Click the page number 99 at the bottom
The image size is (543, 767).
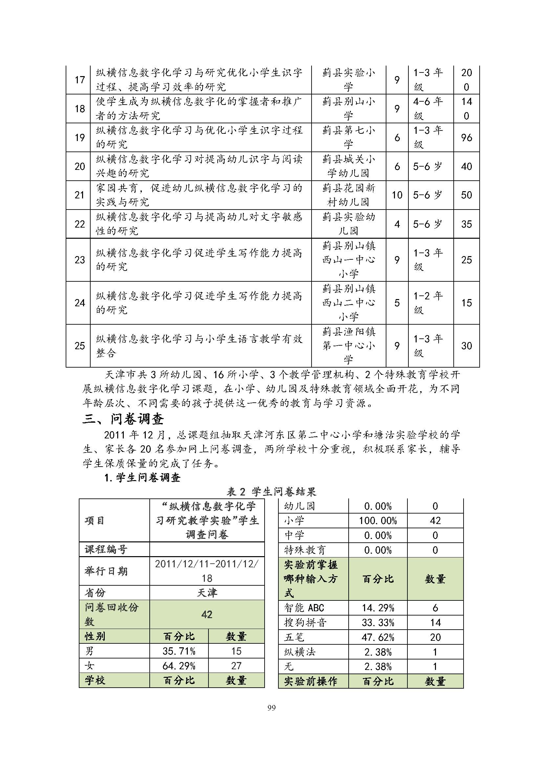tap(271, 708)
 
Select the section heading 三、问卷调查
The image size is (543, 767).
tap(123, 419)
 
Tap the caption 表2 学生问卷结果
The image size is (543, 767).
tap(271, 492)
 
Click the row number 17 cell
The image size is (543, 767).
tap(79, 80)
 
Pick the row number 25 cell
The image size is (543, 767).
tap(79, 346)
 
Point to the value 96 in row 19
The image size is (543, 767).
tap(467, 137)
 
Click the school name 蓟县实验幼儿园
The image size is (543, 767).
tap(348, 224)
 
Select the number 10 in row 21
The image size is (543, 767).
tap(397, 195)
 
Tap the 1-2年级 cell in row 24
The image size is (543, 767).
tap(428, 303)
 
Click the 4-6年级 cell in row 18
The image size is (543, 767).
tap(428, 109)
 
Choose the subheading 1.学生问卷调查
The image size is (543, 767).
tap(142, 477)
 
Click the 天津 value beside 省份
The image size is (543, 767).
tap(207, 593)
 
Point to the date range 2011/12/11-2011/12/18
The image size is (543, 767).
tap(207, 571)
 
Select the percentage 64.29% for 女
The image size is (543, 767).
tap(179, 666)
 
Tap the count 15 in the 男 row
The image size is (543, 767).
tap(236, 651)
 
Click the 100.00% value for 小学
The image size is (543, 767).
tap(378, 521)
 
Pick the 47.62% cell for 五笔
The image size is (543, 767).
tap(378, 637)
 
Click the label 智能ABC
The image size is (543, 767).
tap(304, 608)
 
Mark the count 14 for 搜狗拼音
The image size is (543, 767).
tap(435, 623)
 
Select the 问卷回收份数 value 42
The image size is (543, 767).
tap(207, 615)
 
